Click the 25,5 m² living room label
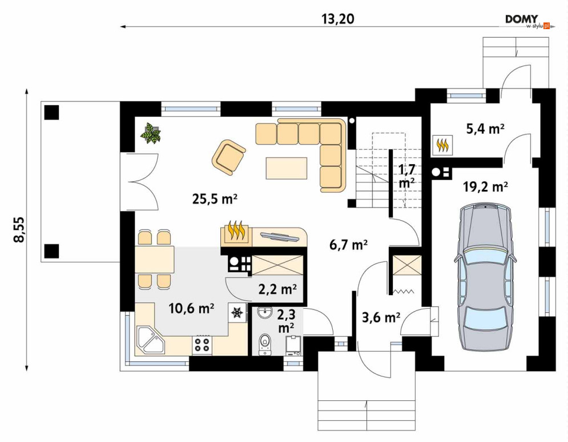(215, 199)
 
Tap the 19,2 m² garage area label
(485, 186)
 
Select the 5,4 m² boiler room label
(485, 129)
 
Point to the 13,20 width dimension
(337, 19)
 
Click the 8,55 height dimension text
(19, 229)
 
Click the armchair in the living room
(228, 157)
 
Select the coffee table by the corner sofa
(287, 168)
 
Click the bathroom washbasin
(265, 313)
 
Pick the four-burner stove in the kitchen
(202, 344)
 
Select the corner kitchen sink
(149, 339)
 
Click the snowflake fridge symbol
(237, 312)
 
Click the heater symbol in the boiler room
(442, 145)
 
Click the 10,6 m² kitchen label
(191, 308)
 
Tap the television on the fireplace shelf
(280, 236)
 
